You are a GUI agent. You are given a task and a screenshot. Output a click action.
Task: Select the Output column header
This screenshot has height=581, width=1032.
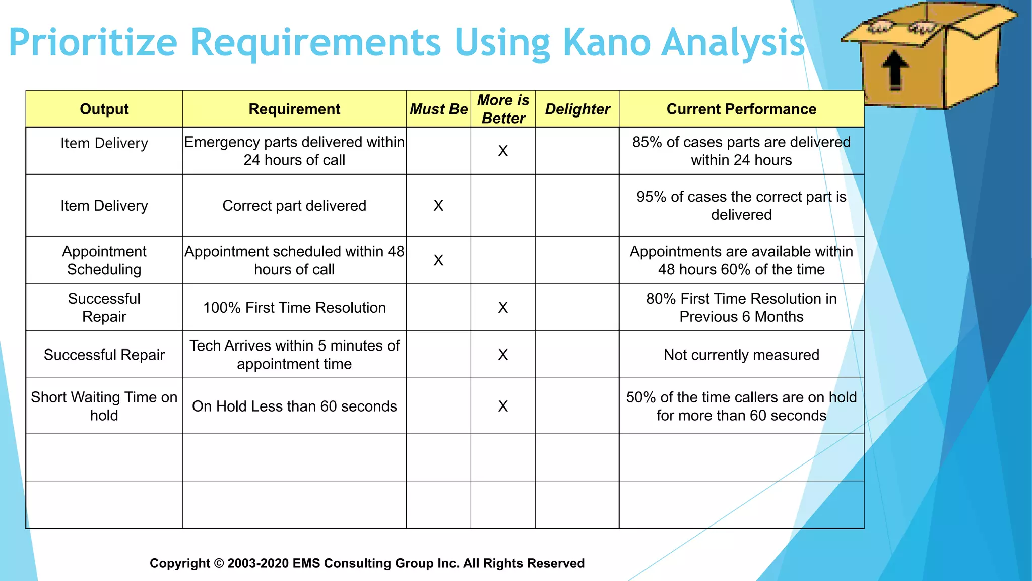(x=104, y=109)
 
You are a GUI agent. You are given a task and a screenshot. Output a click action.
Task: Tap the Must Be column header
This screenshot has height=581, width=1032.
(x=438, y=109)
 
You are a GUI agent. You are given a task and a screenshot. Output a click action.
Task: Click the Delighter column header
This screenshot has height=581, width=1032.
(x=577, y=109)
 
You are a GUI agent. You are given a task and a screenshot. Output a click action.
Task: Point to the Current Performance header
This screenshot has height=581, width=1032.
(x=741, y=109)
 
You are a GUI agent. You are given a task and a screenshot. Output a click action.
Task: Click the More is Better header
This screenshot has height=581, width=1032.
(x=503, y=109)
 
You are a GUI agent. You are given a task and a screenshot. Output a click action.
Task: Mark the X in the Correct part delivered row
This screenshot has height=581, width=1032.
(x=438, y=206)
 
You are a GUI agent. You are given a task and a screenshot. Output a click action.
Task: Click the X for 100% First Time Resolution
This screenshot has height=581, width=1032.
(x=503, y=308)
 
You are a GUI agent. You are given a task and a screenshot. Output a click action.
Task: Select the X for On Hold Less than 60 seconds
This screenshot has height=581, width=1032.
(x=503, y=406)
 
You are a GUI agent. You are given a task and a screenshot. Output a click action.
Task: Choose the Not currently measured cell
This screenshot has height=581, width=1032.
(x=741, y=355)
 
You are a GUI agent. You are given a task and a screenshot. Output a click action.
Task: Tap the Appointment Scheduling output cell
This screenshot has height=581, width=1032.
(x=104, y=260)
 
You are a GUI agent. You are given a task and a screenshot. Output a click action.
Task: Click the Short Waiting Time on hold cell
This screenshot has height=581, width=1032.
(x=104, y=406)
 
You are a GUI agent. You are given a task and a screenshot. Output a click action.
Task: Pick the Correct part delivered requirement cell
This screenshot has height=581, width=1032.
(x=294, y=206)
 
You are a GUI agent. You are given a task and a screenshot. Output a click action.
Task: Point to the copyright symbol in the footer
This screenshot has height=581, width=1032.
(x=219, y=563)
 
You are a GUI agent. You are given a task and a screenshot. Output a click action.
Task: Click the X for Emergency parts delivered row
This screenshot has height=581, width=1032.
(x=503, y=151)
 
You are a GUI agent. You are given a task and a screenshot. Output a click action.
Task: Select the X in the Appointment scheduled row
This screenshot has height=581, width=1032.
(x=438, y=260)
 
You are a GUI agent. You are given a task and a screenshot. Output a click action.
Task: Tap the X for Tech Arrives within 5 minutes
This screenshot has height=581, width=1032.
(x=503, y=355)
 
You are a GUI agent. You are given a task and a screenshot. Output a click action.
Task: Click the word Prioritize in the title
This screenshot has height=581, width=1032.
(x=93, y=42)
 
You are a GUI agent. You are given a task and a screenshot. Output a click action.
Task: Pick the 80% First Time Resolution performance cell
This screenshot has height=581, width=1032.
(x=741, y=308)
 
